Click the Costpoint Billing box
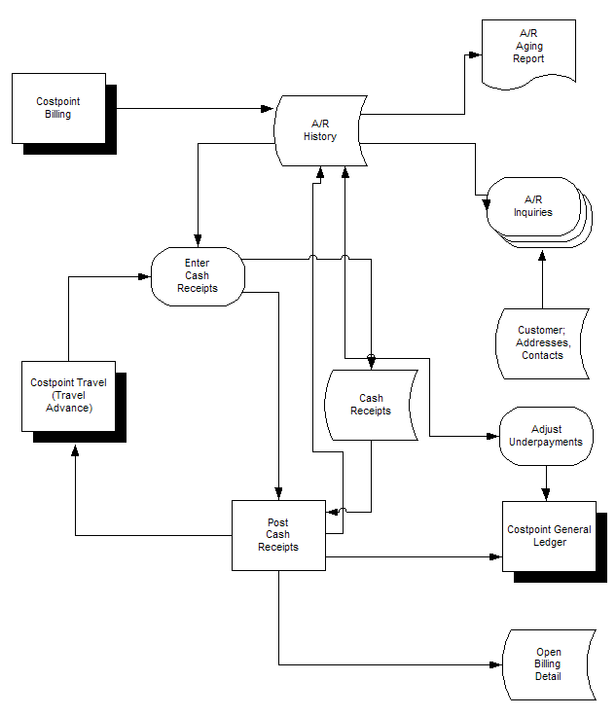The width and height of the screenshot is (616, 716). (x=58, y=107)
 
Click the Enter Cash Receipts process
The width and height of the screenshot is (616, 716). (x=198, y=275)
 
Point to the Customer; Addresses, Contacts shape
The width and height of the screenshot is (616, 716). (x=542, y=343)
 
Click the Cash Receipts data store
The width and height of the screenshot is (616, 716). (x=370, y=404)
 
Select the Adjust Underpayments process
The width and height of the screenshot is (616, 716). (x=545, y=435)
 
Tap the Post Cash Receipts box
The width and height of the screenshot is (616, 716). (x=277, y=535)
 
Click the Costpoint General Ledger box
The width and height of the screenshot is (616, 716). (x=550, y=535)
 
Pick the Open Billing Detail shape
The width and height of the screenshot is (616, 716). (x=548, y=664)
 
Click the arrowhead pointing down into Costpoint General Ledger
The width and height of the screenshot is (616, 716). (x=545, y=495)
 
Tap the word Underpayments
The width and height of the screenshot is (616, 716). (x=545, y=442)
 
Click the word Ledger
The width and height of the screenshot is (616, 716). (x=550, y=542)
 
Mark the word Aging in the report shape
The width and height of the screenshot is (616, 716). (x=528, y=47)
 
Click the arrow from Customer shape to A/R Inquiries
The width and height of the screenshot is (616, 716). (x=543, y=282)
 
